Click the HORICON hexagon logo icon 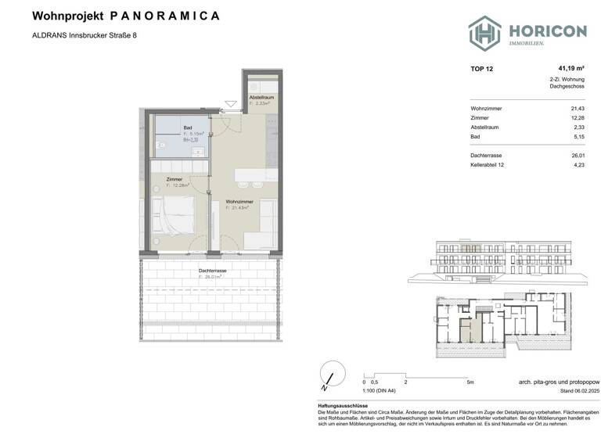click(484, 33)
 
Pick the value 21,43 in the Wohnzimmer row click(578, 109)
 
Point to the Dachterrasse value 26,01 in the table click(578, 156)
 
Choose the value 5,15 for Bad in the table click(578, 137)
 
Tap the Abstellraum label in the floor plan click(261, 97)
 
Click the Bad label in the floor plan click(188, 128)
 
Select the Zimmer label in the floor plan click(174, 180)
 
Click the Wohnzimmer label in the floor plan click(238, 202)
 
